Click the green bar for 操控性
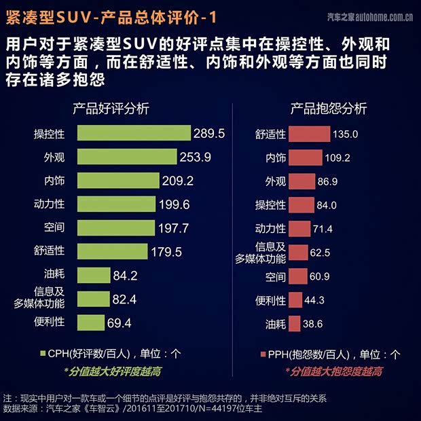(134, 133)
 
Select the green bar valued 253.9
(127, 157)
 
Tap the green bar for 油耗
(93, 275)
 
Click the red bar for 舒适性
(308, 134)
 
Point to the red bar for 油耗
(294, 323)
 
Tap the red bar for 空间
(298, 276)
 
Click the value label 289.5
(208, 133)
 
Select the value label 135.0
(345, 134)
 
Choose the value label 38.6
(313, 323)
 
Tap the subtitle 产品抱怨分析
(329, 109)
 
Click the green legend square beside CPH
(42, 353)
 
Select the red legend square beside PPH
(263, 353)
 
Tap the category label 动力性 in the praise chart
(49, 204)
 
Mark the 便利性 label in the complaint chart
(270, 299)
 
